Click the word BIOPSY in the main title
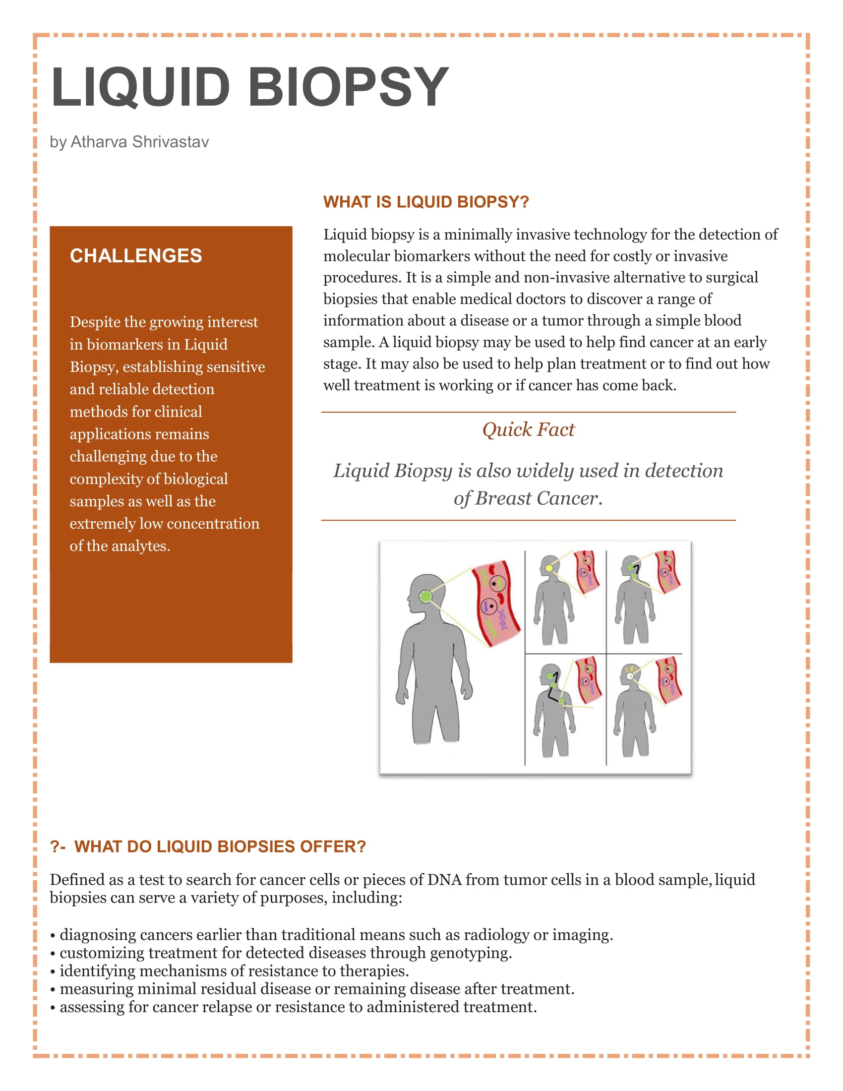tap(348, 87)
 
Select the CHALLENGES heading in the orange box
tap(136, 256)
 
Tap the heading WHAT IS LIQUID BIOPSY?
tap(425, 202)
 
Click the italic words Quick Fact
tap(528, 429)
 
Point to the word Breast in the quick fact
tap(503, 498)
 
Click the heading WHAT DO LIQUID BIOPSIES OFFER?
tap(220, 847)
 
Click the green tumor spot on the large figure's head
tap(425, 596)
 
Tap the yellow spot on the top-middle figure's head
tap(549, 568)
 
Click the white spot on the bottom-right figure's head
tap(630, 676)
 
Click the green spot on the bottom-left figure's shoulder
tap(561, 701)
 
